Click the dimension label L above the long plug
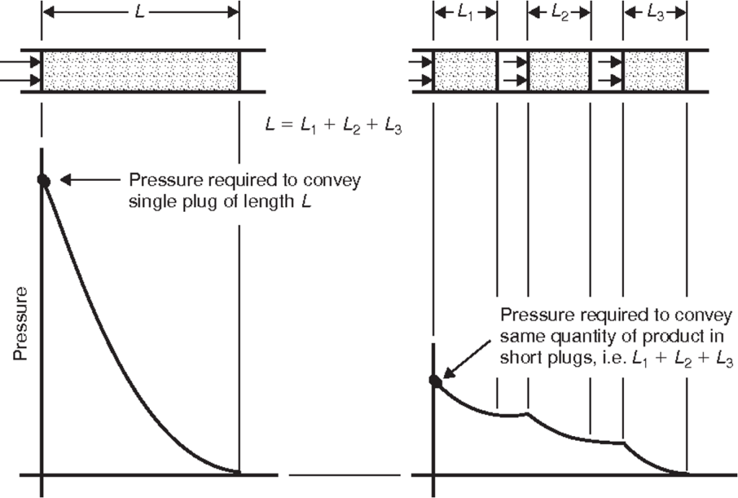[x=140, y=12]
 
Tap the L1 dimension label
[x=465, y=13]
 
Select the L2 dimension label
[x=559, y=13]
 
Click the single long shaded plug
[x=141, y=71]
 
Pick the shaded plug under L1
[x=465, y=71]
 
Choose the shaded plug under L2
[x=560, y=71]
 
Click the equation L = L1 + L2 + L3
[x=333, y=126]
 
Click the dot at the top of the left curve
[x=43, y=181]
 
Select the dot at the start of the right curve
[x=435, y=380]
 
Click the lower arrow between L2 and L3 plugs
[x=608, y=79]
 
